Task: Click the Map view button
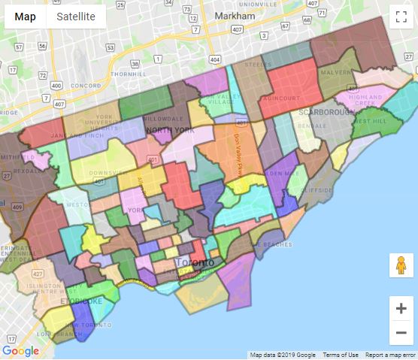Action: pos(26,17)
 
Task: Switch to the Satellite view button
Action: pos(76,17)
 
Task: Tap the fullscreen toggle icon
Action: pos(401,17)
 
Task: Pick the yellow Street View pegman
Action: pos(401,265)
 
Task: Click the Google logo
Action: pos(20,351)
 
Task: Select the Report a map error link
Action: pos(391,355)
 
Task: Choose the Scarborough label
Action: pos(326,111)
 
